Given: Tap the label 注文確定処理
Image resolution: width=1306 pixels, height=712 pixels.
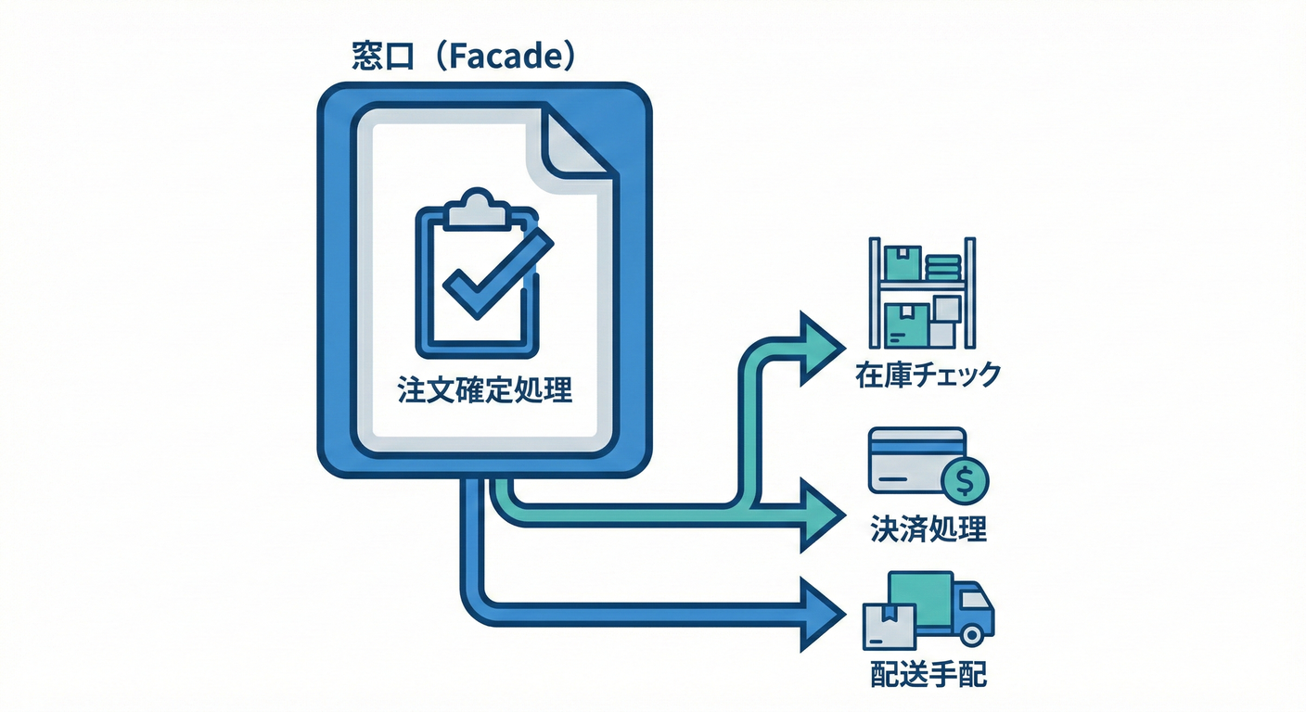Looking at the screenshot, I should [484, 390].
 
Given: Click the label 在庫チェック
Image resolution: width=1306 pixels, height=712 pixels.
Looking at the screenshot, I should [928, 375].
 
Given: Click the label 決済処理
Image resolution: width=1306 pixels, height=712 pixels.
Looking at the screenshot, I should [928, 528].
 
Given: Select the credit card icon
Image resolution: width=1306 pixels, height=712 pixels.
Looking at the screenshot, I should [914, 458].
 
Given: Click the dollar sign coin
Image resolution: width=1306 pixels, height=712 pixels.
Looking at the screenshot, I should [965, 480].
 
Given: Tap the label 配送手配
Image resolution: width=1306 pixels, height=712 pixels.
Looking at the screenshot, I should [928, 673].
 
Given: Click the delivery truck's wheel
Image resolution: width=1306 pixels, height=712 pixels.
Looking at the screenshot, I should [972, 634].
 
